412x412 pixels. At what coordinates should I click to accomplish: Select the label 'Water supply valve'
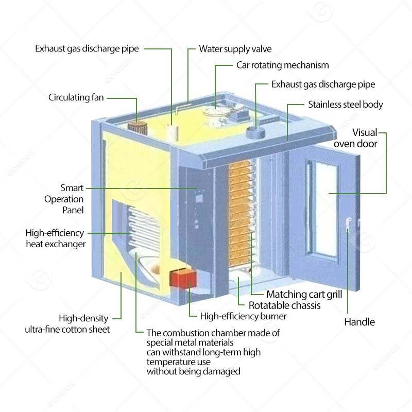coord(235,49)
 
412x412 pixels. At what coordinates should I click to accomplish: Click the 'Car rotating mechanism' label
coord(282,65)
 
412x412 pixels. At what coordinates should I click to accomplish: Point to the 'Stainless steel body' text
coord(346,105)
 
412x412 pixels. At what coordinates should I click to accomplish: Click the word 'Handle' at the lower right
coord(359,322)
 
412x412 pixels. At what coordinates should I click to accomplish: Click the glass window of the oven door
coord(320,206)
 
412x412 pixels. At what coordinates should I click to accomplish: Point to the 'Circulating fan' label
coord(76,97)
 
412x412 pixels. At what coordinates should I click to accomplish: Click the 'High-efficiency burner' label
coord(243,316)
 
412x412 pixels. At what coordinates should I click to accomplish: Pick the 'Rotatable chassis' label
coord(285,305)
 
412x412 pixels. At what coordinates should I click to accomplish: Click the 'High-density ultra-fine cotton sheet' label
coord(67,323)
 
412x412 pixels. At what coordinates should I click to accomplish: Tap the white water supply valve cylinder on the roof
coord(173,132)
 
